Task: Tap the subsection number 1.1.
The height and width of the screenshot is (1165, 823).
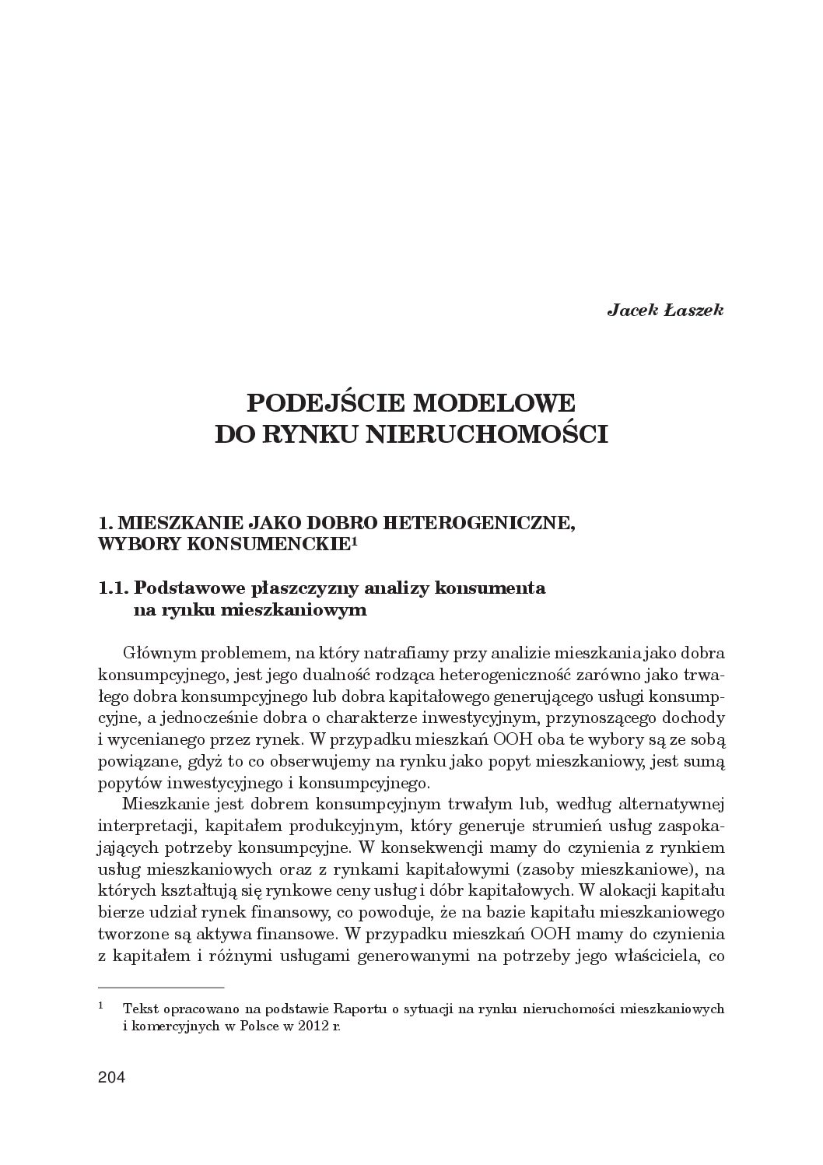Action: click(x=114, y=588)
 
